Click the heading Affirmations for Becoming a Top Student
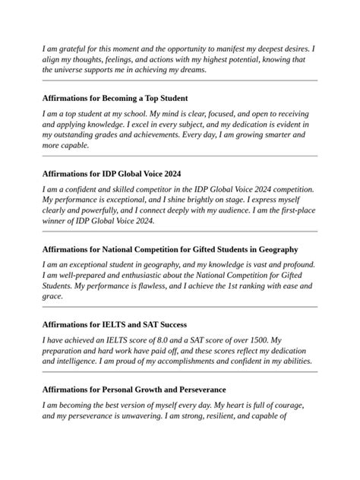[x=115, y=98]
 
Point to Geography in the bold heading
[x=278, y=249]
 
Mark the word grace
[x=52, y=296]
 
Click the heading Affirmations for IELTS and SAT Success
[x=115, y=324]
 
